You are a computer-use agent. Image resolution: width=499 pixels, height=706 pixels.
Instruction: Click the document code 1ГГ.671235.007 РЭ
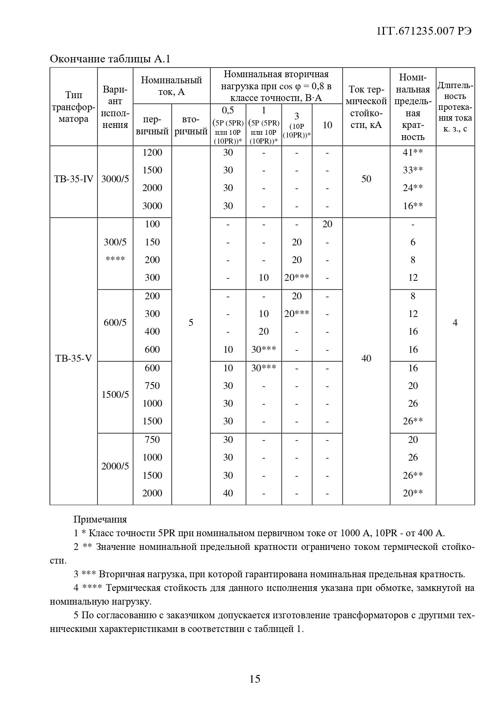(424, 32)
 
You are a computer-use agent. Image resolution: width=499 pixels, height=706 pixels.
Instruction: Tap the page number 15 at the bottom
(255, 679)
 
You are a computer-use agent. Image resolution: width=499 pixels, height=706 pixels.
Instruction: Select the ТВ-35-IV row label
(74, 179)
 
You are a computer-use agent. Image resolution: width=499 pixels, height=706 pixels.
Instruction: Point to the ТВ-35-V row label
(74, 358)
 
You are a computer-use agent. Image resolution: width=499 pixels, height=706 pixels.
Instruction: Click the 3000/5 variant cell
(115, 179)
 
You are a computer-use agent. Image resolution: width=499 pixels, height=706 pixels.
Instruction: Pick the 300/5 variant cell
(115, 242)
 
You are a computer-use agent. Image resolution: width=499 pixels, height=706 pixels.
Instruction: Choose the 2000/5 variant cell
(115, 466)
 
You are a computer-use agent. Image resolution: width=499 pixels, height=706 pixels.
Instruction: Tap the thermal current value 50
(366, 179)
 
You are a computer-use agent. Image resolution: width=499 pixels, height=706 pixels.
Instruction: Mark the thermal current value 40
(366, 358)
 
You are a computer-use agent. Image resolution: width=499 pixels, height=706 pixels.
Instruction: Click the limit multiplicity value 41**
(413, 152)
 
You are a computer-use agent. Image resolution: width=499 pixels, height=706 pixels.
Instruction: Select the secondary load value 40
(228, 493)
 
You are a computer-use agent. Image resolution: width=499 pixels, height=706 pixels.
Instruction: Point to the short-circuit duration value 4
(455, 323)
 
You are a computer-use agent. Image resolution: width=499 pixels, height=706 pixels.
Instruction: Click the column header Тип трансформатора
(74, 107)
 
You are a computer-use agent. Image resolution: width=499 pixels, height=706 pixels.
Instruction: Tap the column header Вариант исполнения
(115, 107)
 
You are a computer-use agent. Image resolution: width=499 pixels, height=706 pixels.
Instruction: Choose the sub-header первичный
(152, 126)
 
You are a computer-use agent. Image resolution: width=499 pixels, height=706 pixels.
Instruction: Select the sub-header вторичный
(191, 126)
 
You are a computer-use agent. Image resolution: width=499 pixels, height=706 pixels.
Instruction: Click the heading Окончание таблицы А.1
(110, 59)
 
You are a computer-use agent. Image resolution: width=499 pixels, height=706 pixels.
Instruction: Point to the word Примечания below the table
(100, 519)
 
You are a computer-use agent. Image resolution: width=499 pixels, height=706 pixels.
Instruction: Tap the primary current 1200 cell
(152, 152)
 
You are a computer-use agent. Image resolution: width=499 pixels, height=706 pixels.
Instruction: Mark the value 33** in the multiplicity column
(413, 170)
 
